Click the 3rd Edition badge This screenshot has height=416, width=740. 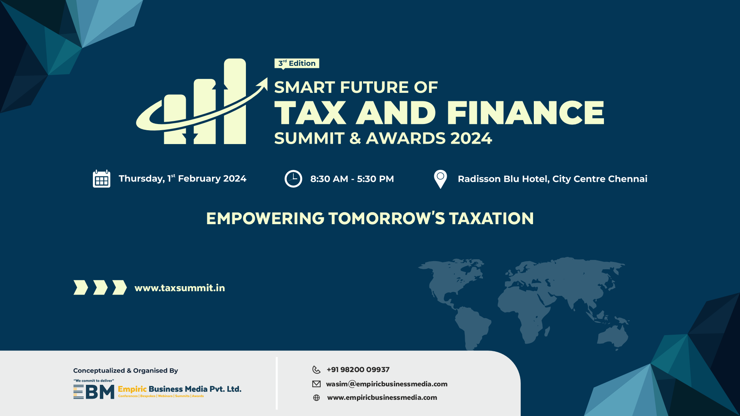(x=297, y=63)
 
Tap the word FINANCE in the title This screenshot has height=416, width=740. (x=525, y=113)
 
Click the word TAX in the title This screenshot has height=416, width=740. (x=310, y=113)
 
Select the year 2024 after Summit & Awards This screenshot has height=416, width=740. (x=471, y=139)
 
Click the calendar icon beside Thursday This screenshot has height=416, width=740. (x=101, y=179)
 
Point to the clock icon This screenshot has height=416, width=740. (x=293, y=179)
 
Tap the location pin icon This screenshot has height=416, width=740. (x=440, y=179)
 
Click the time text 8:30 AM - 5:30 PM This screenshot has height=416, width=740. (x=352, y=179)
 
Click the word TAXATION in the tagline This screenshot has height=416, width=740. (x=491, y=218)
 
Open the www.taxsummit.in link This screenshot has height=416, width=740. (x=180, y=288)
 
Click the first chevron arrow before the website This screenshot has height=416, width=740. (x=81, y=287)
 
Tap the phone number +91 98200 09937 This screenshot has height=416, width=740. (x=358, y=370)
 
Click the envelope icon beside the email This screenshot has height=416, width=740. (x=316, y=384)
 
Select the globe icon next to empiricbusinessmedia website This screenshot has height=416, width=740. (x=316, y=398)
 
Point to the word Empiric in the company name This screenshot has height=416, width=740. (x=132, y=389)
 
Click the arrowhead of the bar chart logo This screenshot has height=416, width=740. (x=264, y=83)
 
